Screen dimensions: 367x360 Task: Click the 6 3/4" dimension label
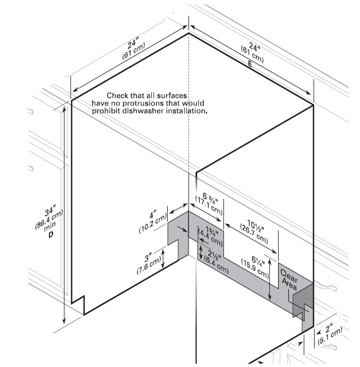click(x=207, y=195)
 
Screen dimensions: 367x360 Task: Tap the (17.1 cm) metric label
click(x=209, y=204)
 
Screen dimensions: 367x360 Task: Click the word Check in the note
click(x=117, y=95)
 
